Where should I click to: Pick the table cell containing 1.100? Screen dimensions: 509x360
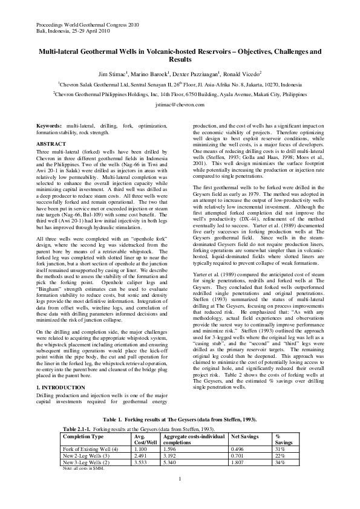point(140,449)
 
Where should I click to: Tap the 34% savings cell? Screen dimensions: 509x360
point(280,462)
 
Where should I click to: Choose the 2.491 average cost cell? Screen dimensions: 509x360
point(140,456)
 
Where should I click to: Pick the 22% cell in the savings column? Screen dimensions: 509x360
point(280,456)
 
